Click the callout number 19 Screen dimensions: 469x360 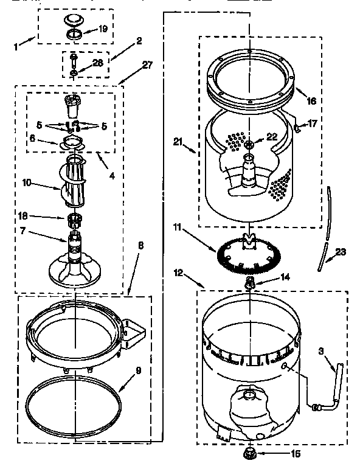(103, 29)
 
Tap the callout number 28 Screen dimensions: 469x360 (97, 62)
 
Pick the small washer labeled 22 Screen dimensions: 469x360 (249, 144)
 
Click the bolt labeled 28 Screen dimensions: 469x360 (73, 64)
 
